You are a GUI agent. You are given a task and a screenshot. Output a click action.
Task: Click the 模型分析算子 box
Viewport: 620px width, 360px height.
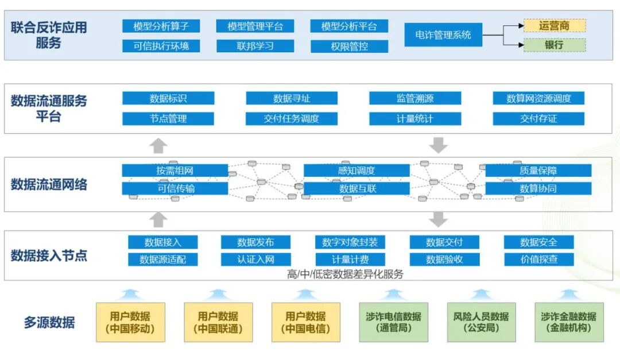pyautogui.click(x=161, y=26)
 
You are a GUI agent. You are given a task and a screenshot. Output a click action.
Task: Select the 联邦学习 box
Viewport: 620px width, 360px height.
pyautogui.click(x=255, y=46)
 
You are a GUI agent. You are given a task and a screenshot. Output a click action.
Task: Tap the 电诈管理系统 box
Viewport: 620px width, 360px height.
pyautogui.click(x=443, y=35)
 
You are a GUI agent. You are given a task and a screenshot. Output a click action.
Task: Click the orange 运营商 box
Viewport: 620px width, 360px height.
pyautogui.click(x=554, y=25)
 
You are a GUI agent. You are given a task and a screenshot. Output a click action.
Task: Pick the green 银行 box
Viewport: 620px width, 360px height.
pyautogui.click(x=554, y=45)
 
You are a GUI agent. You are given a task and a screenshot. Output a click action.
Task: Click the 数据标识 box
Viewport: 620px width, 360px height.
pyautogui.click(x=168, y=98)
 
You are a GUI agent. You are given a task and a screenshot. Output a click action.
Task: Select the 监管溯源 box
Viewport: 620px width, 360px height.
pyautogui.click(x=415, y=98)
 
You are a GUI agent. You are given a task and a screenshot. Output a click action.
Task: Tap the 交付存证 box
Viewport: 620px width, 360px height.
pyautogui.click(x=538, y=119)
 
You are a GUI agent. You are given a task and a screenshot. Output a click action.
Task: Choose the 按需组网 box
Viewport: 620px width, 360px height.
pyautogui.click(x=175, y=171)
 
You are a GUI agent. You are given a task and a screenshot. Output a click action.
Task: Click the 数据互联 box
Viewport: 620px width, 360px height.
pyautogui.click(x=356, y=188)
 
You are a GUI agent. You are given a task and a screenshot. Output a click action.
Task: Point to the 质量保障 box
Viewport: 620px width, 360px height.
pyautogui.click(x=538, y=171)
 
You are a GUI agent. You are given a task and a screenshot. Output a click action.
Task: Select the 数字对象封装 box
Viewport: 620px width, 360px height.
pyautogui.click(x=350, y=242)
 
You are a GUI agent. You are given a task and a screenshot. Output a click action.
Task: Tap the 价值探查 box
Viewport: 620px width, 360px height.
pyautogui.click(x=538, y=259)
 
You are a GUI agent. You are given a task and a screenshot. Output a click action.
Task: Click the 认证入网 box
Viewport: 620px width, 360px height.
pyautogui.click(x=255, y=259)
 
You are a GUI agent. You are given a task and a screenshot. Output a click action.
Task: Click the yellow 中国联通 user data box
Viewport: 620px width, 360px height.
pyautogui.click(x=218, y=322)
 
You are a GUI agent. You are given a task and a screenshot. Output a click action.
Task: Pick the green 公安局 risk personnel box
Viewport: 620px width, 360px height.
pyautogui.click(x=480, y=322)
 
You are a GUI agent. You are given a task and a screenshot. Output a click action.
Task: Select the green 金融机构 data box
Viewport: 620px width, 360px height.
pyautogui.click(x=568, y=322)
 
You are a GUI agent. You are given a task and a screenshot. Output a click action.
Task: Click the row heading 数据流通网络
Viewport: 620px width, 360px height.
pyautogui.click(x=49, y=184)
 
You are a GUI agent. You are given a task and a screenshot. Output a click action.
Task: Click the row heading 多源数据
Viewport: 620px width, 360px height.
pyautogui.click(x=49, y=322)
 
